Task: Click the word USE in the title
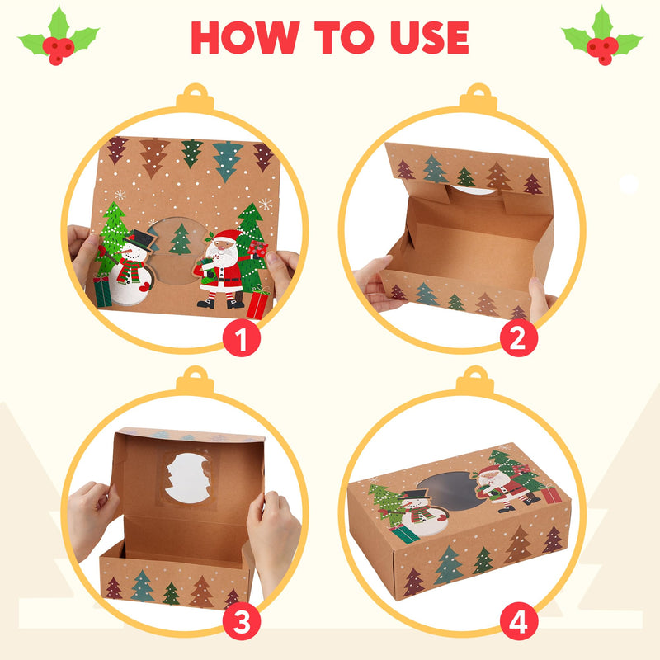click(x=422, y=37)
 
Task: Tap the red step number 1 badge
click(x=242, y=338)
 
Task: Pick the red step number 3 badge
click(x=242, y=622)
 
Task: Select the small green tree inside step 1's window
click(x=181, y=239)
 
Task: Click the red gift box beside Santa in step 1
click(x=257, y=303)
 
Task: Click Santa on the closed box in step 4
click(x=495, y=487)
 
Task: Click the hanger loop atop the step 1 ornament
click(x=195, y=97)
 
